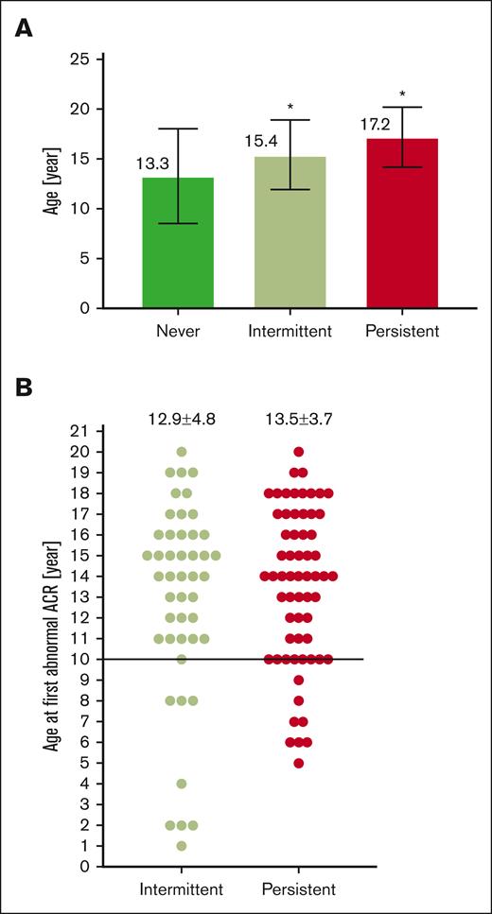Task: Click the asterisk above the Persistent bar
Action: pos(403,95)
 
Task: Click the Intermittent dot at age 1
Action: pos(182,846)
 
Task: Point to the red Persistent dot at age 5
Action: pos(299,763)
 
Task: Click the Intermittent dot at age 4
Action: pos(182,784)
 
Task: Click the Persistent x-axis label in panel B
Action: pos(299,890)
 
